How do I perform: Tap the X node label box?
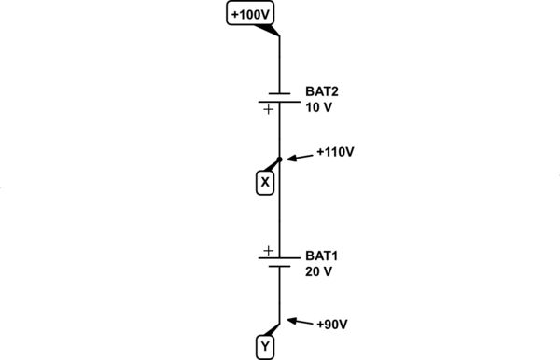pyautogui.click(x=264, y=183)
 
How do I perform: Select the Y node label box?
pyautogui.click(x=264, y=348)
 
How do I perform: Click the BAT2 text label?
pyautogui.click(x=322, y=90)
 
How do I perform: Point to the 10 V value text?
pyautogui.click(x=319, y=107)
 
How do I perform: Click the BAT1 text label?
pyautogui.click(x=322, y=255)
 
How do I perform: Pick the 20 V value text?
pyautogui.click(x=319, y=271)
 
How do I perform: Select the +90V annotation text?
pyautogui.click(x=332, y=325)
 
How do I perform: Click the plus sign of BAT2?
pyautogui.click(x=268, y=109)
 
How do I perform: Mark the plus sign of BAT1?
pyautogui.click(x=268, y=250)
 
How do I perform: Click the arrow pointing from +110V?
pyautogui.click(x=301, y=156)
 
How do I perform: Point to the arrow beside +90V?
pyautogui.click(x=301, y=323)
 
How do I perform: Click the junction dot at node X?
pyautogui.click(x=280, y=160)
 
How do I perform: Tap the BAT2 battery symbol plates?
pyautogui.click(x=280, y=98)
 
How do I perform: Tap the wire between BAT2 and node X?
pyautogui.click(x=280, y=131)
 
